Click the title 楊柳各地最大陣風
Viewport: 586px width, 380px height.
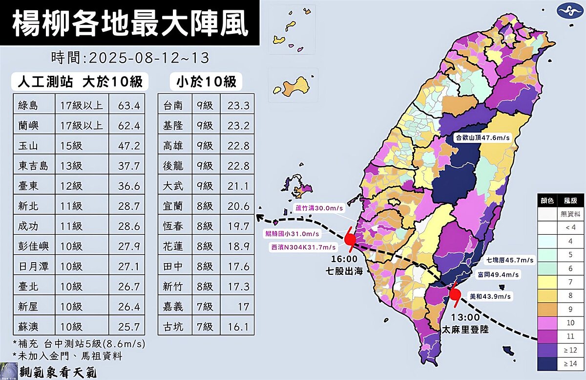coord(129,23)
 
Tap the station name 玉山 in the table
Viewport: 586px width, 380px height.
coord(28,146)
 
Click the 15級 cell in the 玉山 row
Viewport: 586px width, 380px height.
coord(71,146)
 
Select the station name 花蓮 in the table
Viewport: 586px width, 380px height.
coord(173,246)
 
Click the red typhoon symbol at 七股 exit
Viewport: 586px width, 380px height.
coord(350,239)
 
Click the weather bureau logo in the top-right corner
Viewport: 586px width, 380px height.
coord(568,11)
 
